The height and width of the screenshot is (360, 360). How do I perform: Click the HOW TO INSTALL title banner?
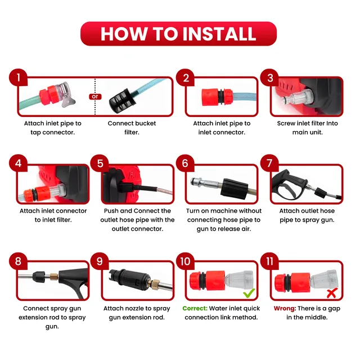click(x=178, y=34)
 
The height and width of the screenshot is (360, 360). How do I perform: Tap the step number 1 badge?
click(x=19, y=78)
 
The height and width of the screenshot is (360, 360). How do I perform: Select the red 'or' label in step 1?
click(x=95, y=96)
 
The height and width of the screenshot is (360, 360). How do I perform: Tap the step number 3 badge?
click(x=270, y=78)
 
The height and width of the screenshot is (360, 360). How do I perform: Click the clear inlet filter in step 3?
click(x=296, y=98)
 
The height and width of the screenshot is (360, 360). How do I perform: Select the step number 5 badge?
click(x=100, y=164)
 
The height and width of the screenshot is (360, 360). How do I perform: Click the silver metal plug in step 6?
click(x=206, y=183)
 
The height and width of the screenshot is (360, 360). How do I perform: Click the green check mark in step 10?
click(x=249, y=292)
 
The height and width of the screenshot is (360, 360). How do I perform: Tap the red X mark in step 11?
click(x=331, y=293)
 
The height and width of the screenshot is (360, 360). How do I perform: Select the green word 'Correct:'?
click(x=195, y=308)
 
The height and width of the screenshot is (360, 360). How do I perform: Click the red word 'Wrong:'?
click(x=285, y=308)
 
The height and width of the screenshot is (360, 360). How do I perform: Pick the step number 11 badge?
click(x=270, y=261)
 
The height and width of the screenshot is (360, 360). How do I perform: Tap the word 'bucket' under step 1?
click(x=145, y=123)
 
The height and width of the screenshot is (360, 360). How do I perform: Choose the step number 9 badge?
click(x=100, y=261)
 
